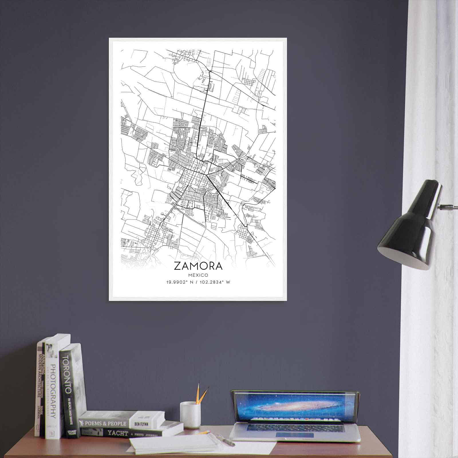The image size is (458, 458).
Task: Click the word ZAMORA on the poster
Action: (x=198, y=266)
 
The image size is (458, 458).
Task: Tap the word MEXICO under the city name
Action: (x=198, y=275)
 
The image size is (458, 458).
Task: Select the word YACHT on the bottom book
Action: (x=118, y=433)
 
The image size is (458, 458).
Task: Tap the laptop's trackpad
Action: (x=295, y=435)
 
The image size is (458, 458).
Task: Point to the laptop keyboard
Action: (x=295, y=428)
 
